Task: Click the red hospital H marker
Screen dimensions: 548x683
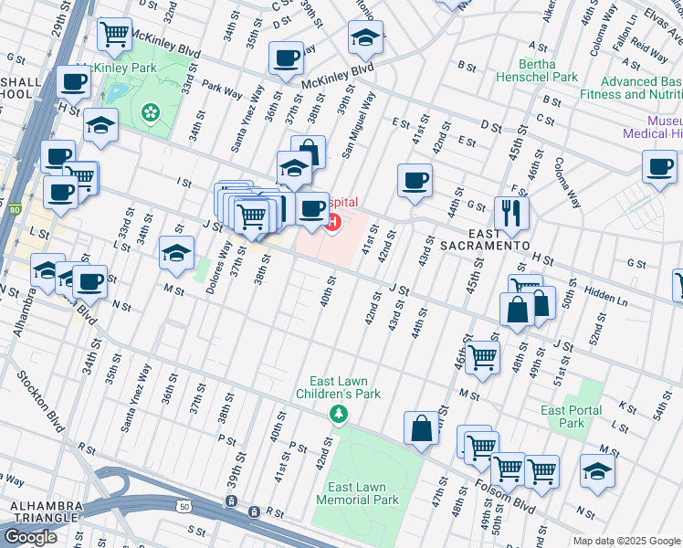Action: [334, 221]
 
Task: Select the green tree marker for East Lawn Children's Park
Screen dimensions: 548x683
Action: [339, 416]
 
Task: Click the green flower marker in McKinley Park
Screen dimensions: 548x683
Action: [149, 111]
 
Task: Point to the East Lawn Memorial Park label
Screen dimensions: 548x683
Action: [358, 493]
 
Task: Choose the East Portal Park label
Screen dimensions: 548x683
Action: [572, 416]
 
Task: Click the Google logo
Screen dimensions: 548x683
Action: [30, 537]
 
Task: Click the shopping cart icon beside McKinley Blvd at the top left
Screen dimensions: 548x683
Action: [114, 35]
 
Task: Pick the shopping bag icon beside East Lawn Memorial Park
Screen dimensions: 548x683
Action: [421, 427]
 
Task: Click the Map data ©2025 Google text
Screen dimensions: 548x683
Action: [625, 541]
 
